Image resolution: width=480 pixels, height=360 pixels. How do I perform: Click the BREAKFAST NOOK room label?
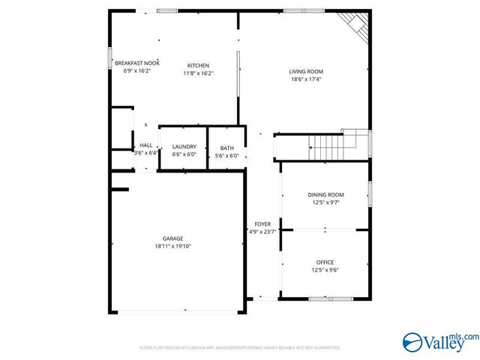click(x=142, y=63)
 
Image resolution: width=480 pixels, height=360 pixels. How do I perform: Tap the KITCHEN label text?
click(x=198, y=65)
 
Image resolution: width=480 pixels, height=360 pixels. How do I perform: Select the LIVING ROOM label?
click(x=305, y=71)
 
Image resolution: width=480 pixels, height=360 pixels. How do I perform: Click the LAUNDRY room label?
click(x=184, y=146)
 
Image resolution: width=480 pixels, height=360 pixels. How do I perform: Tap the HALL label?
click(x=145, y=145)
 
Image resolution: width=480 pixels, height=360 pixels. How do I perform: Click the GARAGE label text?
click(x=173, y=238)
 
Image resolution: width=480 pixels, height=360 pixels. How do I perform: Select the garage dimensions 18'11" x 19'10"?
click(x=173, y=246)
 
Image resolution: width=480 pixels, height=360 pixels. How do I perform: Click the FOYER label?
click(x=262, y=223)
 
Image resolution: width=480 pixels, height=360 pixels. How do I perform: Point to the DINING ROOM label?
click(x=325, y=194)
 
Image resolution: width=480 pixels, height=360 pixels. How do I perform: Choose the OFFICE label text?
click(x=325, y=262)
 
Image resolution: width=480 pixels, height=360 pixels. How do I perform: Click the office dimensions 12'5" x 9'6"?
click(x=325, y=270)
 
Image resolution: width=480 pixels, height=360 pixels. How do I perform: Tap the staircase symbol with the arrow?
click(x=330, y=143)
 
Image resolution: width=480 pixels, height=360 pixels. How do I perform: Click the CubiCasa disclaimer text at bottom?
click(x=240, y=348)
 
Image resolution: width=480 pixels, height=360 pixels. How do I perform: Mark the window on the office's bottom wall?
click(x=331, y=298)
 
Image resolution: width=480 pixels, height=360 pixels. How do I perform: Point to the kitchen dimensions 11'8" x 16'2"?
click(x=198, y=73)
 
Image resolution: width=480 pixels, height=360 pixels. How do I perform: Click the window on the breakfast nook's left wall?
click(x=110, y=58)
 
